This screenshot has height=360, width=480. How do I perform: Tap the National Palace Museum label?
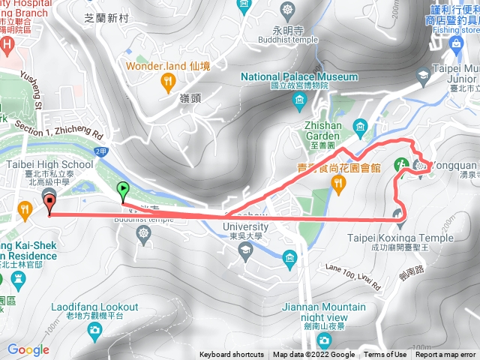coord(298,76)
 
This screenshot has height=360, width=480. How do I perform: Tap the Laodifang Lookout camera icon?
coord(94,329)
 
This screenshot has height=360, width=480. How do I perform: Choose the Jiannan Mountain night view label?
coord(325,307)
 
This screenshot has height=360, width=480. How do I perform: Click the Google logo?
coord(28,349)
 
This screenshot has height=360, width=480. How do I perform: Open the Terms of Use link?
coord(385,355)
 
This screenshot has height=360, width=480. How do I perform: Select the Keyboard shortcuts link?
coord(231,355)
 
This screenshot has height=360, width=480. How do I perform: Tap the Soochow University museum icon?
coord(290,259)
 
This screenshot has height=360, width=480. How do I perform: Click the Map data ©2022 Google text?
coord(314,355)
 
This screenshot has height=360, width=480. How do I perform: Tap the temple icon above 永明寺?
coord(288,10)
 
